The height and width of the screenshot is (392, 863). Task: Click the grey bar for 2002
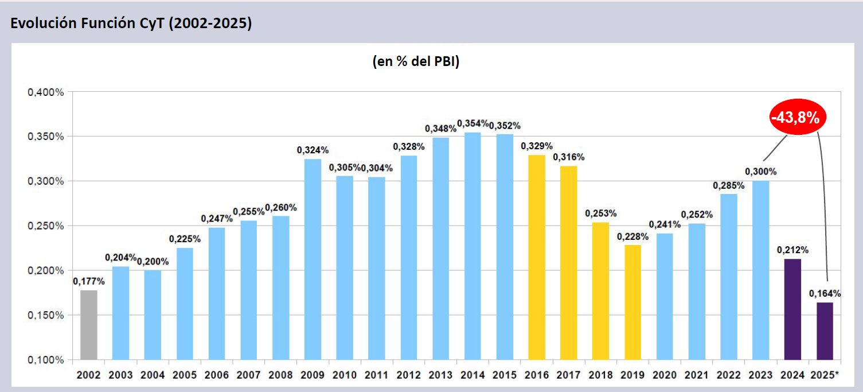click(89, 325)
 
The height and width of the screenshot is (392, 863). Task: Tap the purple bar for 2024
click(792, 309)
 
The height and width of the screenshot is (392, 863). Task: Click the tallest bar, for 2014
click(472, 246)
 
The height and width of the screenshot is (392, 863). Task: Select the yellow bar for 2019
click(632, 302)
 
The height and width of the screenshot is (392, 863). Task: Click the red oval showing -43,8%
click(795, 118)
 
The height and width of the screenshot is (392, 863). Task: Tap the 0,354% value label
click(473, 123)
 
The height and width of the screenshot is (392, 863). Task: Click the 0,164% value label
click(825, 293)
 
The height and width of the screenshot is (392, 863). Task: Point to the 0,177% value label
click(89, 281)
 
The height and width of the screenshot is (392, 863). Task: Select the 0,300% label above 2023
click(760, 171)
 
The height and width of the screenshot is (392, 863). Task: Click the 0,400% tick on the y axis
click(46, 92)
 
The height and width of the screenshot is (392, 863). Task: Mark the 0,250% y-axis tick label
click(46, 226)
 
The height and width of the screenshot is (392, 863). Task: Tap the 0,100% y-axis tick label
click(46, 360)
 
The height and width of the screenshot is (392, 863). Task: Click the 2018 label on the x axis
click(600, 375)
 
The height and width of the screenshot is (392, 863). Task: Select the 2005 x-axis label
click(185, 375)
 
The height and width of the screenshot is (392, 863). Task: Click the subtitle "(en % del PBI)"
click(416, 62)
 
